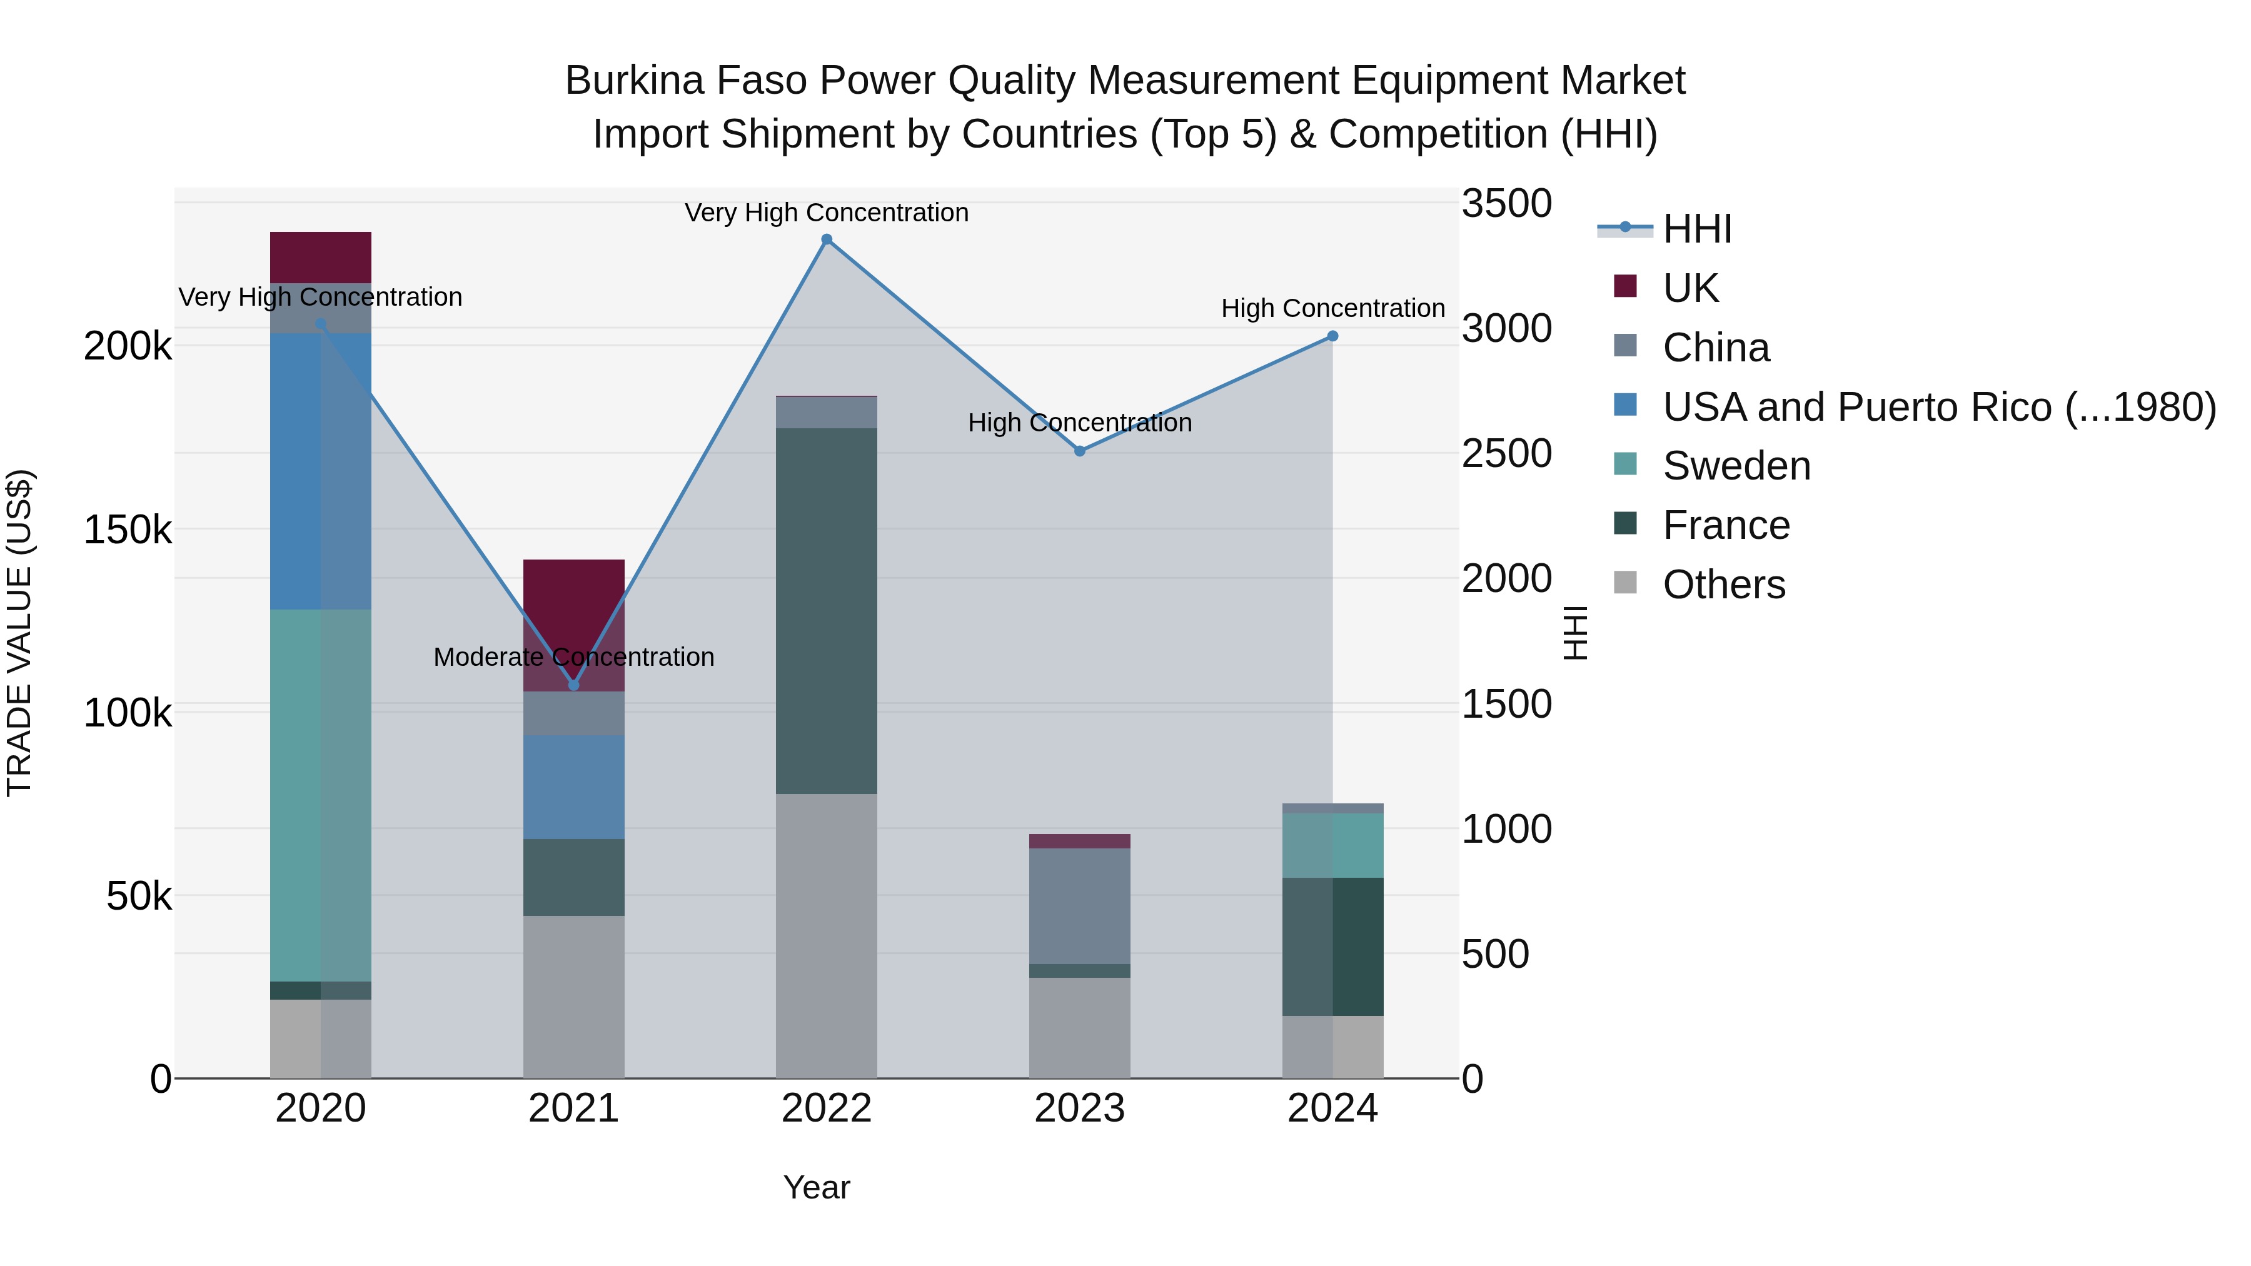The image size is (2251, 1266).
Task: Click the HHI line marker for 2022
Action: pyautogui.click(x=827, y=239)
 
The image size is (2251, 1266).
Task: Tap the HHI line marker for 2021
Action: pyautogui.click(x=574, y=685)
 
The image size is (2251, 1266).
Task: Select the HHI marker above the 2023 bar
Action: pyautogui.click(x=1080, y=451)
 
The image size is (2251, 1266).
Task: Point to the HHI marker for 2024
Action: pyautogui.click(x=1332, y=336)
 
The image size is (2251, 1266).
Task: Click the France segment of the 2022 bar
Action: pyautogui.click(x=827, y=611)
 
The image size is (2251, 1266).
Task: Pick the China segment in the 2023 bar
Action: pyautogui.click(x=1080, y=906)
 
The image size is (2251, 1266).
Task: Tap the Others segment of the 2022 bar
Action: pyautogui.click(x=827, y=935)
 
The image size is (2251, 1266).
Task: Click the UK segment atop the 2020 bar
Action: pyautogui.click(x=321, y=257)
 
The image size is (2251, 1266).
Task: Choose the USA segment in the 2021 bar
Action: pyautogui.click(x=574, y=787)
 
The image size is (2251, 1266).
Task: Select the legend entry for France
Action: pyautogui.click(x=1726, y=525)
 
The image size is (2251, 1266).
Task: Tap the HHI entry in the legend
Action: pyautogui.click(x=1696, y=229)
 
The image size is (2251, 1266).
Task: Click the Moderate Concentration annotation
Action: pyautogui.click(x=574, y=657)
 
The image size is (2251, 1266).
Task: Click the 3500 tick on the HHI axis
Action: pyautogui.click(x=1506, y=204)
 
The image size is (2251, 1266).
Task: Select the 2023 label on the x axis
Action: pyautogui.click(x=1080, y=1108)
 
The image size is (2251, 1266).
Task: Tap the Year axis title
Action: pyautogui.click(x=816, y=1187)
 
